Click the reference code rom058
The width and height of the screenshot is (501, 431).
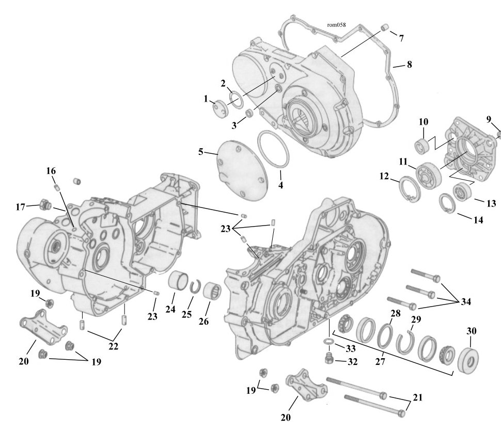click(x=336, y=25)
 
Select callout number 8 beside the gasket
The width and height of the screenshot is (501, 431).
click(x=409, y=65)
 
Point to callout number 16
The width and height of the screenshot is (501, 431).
click(x=51, y=171)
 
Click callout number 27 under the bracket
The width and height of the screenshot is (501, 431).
click(x=380, y=361)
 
